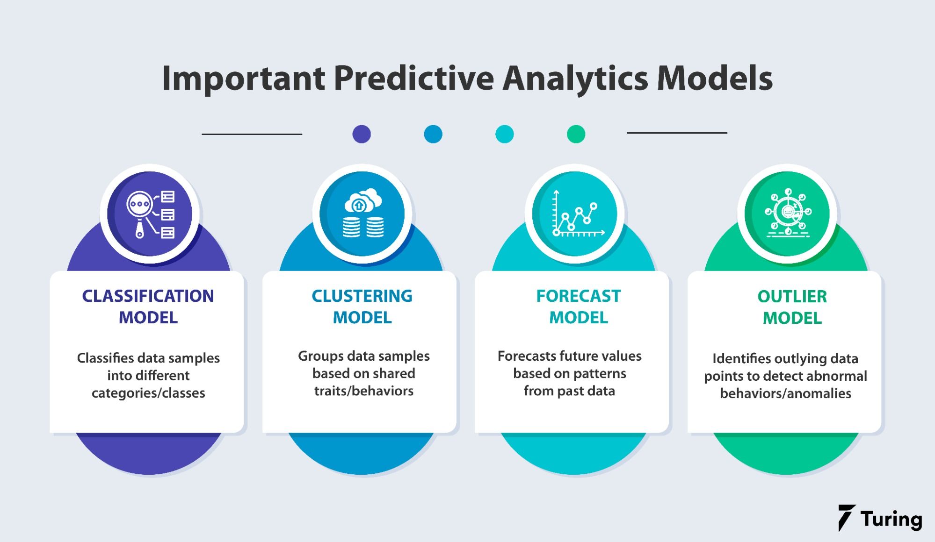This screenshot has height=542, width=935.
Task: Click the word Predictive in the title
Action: pos(413,78)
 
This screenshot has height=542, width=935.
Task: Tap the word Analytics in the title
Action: pos(575,78)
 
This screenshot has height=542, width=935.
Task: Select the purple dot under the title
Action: pos(362,134)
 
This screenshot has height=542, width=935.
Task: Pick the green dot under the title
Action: pos(576,134)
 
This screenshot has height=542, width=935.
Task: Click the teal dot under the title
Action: pos(504,134)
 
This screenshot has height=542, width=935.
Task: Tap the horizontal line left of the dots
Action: pos(252,134)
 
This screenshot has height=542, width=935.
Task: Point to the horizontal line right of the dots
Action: pos(676,133)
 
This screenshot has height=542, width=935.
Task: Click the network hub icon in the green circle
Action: pos(788,213)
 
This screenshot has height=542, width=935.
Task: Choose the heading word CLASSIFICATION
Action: pos(148,296)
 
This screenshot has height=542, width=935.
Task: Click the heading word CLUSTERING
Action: pos(362,296)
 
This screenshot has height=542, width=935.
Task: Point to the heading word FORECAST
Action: pos(578,296)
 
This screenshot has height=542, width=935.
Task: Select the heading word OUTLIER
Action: pos(792,297)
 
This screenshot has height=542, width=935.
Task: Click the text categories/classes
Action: pos(148,393)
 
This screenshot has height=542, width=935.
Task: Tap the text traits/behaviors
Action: pos(363,391)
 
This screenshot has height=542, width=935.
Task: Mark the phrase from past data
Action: pos(569,391)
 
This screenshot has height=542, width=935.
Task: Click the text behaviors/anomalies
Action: pos(785,393)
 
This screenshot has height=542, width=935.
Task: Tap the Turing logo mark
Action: pos(846,518)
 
